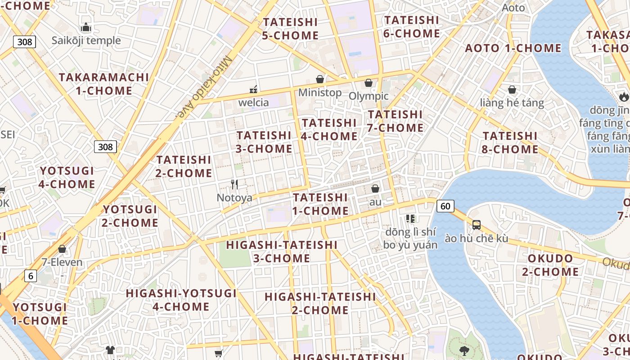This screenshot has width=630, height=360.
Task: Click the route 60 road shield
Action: [x=445, y=206]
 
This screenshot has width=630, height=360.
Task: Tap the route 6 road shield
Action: [x=30, y=276]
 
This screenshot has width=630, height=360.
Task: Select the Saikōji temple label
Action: [x=86, y=40]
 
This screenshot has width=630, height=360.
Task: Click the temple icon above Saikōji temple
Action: [x=86, y=27]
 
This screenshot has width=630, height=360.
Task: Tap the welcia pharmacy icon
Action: [x=253, y=89]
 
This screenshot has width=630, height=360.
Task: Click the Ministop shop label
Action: [x=320, y=93]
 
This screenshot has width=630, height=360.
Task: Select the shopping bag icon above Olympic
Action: [x=369, y=83]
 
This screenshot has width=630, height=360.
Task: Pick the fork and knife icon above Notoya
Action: [x=234, y=184]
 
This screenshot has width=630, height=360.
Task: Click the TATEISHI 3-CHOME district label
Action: [x=264, y=142]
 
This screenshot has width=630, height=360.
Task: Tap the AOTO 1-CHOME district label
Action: [x=513, y=48]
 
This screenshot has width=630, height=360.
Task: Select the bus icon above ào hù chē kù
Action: [x=476, y=225]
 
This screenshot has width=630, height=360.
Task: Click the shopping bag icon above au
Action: [x=375, y=189]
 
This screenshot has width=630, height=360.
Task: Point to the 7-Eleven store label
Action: [x=62, y=262]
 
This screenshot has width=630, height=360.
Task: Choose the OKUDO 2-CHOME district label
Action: [x=550, y=265]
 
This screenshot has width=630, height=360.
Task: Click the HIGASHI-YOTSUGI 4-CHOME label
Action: [x=181, y=300]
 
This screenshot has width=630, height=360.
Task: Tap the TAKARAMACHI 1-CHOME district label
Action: [x=103, y=84]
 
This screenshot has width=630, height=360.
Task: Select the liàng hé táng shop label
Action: [x=512, y=103]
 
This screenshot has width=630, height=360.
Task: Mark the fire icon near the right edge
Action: [x=623, y=96]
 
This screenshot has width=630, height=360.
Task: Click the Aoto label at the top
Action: [x=513, y=8]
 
